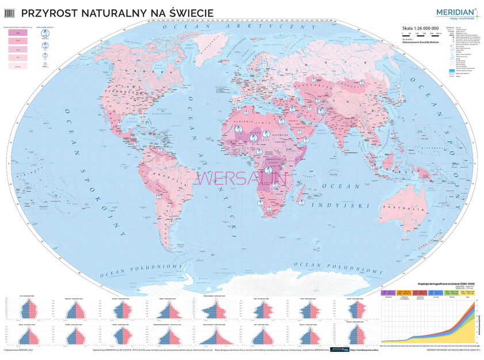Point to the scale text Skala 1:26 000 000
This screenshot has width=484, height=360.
(x=422, y=28)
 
